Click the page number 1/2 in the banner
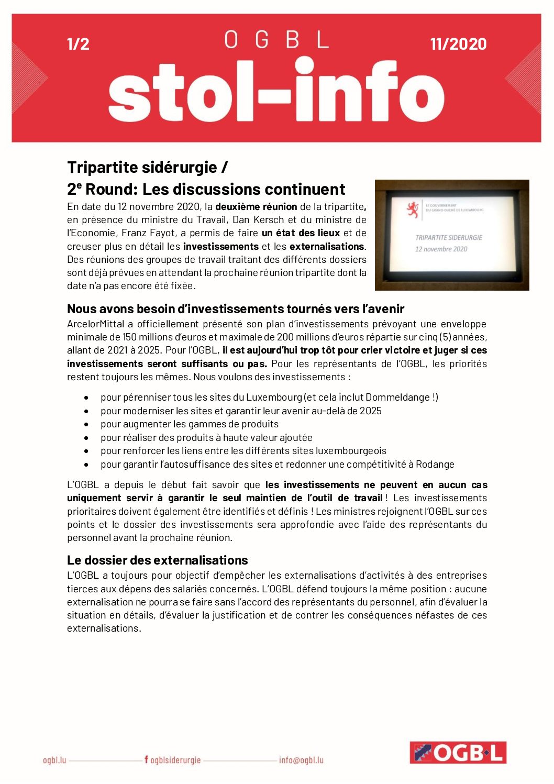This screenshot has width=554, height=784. [78, 44]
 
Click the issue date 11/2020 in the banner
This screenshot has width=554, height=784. [458, 44]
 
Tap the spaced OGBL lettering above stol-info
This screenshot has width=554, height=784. [276, 40]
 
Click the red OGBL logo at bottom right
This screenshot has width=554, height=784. [458, 753]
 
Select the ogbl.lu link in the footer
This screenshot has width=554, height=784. [54, 760]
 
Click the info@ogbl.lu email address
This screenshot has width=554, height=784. [301, 760]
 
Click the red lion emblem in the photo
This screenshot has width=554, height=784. [413, 209]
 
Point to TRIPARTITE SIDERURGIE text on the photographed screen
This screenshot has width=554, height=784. [448, 237]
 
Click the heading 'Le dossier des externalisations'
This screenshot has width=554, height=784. [157, 560]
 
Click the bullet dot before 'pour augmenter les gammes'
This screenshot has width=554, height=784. [86, 424]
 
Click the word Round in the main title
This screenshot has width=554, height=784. [111, 189]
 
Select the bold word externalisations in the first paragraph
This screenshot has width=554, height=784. [327, 246]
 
